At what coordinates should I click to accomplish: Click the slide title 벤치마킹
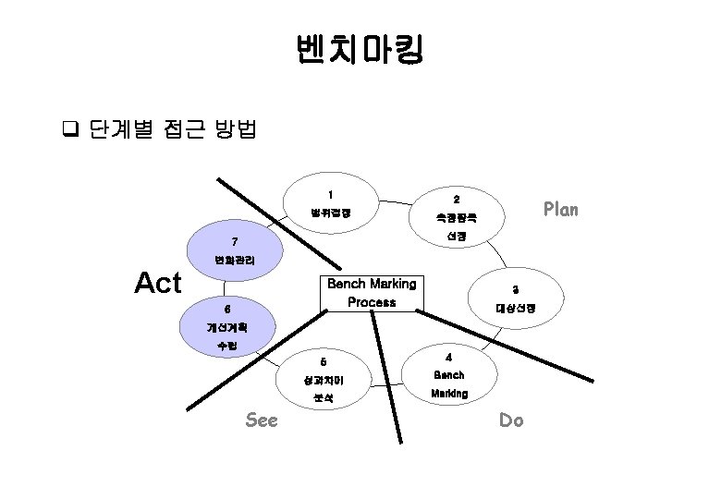pyautogui.click(x=360, y=50)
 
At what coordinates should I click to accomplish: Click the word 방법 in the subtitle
pyautogui.click(x=236, y=128)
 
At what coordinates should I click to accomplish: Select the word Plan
pyautogui.click(x=560, y=209)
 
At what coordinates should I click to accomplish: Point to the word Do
pyautogui.click(x=511, y=420)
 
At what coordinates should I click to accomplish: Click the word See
pyautogui.click(x=262, y=420)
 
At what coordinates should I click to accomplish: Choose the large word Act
pyautogui.click(x=158, y=283)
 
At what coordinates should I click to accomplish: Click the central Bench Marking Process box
pyautogui.click(x=372, y=293)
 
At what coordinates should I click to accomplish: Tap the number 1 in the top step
pyautogui.click(x=330, y=195)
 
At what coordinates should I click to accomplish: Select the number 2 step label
pyautogui.click(x=456, y=200)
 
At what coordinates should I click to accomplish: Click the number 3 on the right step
pyautogui.click(x=515, y=289)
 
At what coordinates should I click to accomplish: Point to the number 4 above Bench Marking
pyautogui.click(x=448, y=357)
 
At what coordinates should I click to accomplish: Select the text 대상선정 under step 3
pyautogui.click(x=515, y=308)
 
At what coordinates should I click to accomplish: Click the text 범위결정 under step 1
pyautogui.click(x=330, y=214)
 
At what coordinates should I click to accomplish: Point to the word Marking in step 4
pyautogui.click(x=449, y=394)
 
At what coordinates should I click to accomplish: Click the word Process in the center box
pyautogui.click(x=372, y=302)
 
